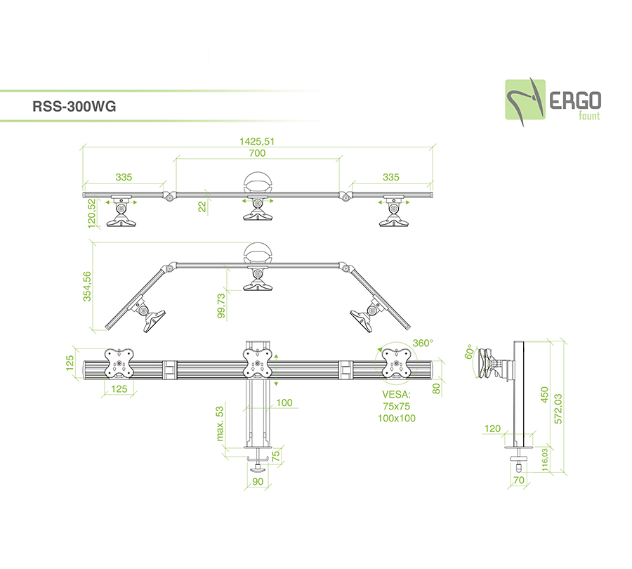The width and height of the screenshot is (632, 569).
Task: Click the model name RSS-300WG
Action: [74, 107]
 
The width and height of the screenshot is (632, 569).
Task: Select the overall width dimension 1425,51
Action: [256, 141]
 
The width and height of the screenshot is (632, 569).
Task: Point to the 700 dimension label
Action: [257, 152]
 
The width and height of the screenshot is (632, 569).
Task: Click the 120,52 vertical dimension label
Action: [91, 212]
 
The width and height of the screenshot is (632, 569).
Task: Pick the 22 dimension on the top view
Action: [202, 206]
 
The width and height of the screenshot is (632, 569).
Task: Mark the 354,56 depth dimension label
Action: [88, 286]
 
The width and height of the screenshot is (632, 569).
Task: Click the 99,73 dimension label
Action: [222, 306]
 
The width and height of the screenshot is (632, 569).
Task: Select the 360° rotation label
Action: [423, 343]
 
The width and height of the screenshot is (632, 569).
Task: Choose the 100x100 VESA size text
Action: [397, 418]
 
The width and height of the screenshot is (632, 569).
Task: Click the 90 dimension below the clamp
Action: [257, 481]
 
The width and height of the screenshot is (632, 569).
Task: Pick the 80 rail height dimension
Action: [436, 388]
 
